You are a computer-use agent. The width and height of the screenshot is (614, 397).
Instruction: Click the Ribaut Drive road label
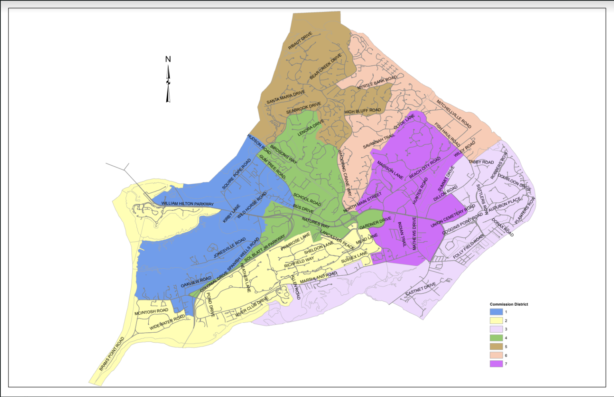point(300,41)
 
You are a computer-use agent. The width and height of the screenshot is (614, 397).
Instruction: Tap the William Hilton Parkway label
point(187,203)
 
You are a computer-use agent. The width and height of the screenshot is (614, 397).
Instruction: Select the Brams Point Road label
point(112,354)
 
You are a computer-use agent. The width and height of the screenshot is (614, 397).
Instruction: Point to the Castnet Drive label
point(421,289)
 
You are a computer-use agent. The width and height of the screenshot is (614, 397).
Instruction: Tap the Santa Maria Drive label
point(285,97)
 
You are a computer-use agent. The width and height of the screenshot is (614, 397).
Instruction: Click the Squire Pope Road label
point(236,174)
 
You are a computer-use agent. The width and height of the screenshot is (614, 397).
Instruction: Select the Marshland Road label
point(318,277)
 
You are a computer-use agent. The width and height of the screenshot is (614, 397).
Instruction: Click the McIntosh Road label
point(151,312)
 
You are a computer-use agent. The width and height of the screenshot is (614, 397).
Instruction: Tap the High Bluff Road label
point(363,111)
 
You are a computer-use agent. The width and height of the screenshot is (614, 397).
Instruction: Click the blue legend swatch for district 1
point(496,312)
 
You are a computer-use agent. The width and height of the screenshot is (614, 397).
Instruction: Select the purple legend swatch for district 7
point(496,364)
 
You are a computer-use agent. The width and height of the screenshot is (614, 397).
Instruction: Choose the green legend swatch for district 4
point(496,338)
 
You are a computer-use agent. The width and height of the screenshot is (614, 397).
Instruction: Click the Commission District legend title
point(509,304)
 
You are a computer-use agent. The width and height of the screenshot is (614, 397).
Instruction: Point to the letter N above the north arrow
point(168,59)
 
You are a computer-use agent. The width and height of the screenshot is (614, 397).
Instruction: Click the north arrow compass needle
point(168,84)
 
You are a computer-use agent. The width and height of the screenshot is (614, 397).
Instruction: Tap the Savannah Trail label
point(379,141)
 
